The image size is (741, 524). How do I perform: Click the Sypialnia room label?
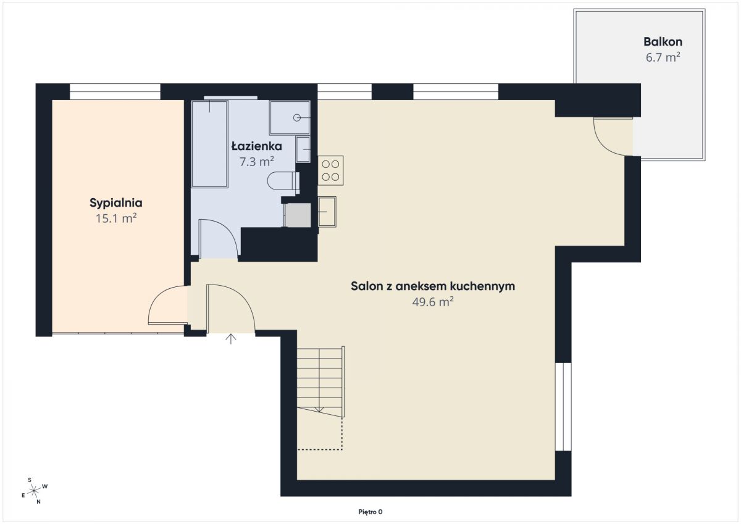[x=116, y=203]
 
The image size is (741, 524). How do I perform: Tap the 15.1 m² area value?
[x=116, y=218]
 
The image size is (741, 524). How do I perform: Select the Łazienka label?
[x=256, y=146]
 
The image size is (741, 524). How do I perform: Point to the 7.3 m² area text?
[x=256, y=162]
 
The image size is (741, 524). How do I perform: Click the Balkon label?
[x=663, y=41]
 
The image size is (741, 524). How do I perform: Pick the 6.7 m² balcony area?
[x=663, y=57]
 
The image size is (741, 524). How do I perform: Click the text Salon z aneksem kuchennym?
[x=433, y=286]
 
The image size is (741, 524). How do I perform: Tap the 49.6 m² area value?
[x=433, y=302]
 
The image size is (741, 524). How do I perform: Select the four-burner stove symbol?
[x=330, y=170]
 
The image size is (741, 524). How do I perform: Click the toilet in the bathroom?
[x=283, y=180]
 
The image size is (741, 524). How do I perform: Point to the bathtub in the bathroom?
[x=209, y=144]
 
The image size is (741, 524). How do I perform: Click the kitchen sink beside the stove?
[x=327, y=212]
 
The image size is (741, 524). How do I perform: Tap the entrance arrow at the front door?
[x=230, y=339]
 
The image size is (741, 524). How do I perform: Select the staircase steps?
[x=320, y=381]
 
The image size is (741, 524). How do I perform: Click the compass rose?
[x=34, y=491]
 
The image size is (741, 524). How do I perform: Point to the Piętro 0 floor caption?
[x=370, y=512]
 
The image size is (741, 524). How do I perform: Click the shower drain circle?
[x=297, y=118]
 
